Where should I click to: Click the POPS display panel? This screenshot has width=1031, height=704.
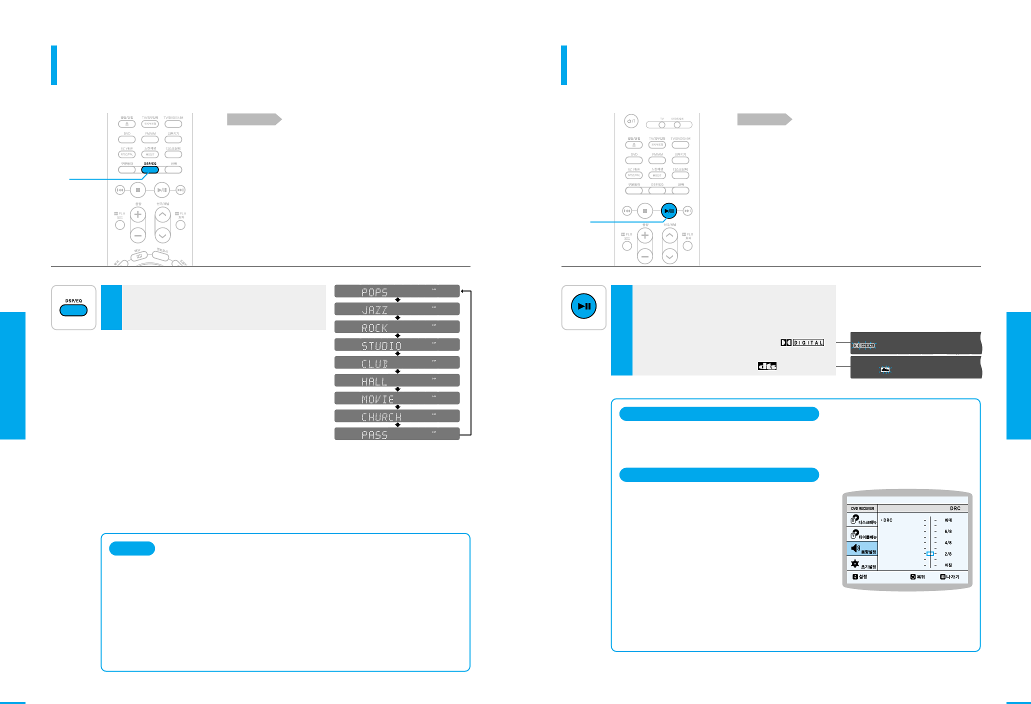[396, 291]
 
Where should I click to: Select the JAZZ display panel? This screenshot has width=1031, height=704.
[396, 309]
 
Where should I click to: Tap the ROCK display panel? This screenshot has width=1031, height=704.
[396, 327]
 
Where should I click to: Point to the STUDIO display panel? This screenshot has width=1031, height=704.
[396, 345]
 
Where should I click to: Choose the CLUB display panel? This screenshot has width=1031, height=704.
[396, 363]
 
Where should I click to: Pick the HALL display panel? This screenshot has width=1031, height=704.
[396, 380]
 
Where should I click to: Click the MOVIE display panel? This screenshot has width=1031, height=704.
[396, 398]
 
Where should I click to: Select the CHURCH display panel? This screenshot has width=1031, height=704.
[396, 416]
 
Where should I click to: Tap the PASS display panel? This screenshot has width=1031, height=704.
[396, 434]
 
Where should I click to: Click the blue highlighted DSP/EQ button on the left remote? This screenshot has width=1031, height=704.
[150, 169]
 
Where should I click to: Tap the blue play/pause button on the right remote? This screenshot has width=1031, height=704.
[669, 211]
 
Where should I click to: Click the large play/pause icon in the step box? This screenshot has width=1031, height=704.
[583, 306]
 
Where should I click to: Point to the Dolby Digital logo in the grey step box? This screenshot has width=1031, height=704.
[802, 342]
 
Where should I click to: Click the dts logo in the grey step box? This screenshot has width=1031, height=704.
[767, 366]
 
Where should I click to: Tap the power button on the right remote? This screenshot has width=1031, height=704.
[631, 121]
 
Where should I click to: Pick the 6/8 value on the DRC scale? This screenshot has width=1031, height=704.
[947, 531]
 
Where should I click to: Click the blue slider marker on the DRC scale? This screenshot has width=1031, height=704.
[929, 554]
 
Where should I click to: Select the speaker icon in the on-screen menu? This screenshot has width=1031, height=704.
[855, 548]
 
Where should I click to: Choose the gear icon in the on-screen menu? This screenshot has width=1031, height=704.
[855, 564]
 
